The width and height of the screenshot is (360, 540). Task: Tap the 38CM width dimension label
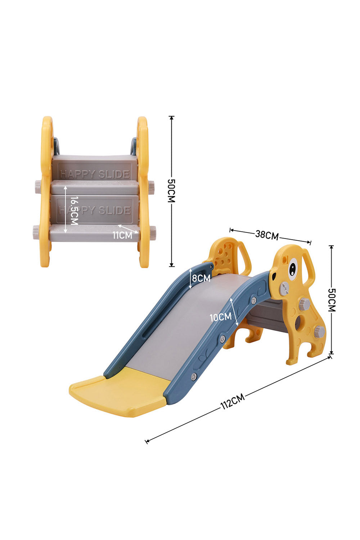click(267, 235)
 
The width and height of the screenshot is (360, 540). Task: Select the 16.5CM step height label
click(74, 210)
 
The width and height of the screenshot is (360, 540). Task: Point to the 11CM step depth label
click(122, 235)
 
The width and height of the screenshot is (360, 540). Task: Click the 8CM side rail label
click(201, 278)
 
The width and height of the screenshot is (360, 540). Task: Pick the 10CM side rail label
click(220, 317)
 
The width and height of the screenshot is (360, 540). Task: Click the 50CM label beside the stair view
click(171, 191)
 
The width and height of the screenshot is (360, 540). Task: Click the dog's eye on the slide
click(292, 268)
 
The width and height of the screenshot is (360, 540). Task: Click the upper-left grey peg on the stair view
click(37, 186)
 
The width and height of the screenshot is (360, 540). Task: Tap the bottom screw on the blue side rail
click(194, 377)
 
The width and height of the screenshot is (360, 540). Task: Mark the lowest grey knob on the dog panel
click(319, 331)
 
